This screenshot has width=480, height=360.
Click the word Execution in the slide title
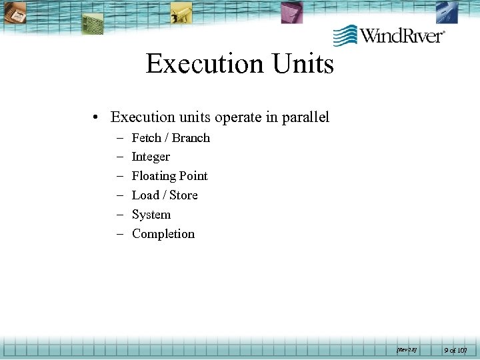(x=205, y=64)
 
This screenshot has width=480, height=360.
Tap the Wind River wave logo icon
(x=345, y=35)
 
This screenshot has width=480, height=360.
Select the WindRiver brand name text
(x=402, y=35)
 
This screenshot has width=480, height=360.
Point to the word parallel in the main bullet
(x=305, y=117)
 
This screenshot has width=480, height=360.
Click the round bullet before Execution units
(x=97, y=118)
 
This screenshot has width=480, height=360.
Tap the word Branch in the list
(x=191, y=138)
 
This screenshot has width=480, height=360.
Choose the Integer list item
(x=151, y=157)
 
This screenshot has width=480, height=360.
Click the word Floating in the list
(x=153, y=177)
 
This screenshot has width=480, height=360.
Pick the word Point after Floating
(x=193, y=176)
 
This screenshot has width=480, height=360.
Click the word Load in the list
(x=145, y=195)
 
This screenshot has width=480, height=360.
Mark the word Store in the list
(x=183, y=195)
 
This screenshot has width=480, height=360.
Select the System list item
(x=151, y=215)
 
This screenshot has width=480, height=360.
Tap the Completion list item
(x=163, y=234)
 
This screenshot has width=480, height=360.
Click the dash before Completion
(x=121, y=234)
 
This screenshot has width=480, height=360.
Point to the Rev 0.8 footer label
(x=407, y=349)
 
